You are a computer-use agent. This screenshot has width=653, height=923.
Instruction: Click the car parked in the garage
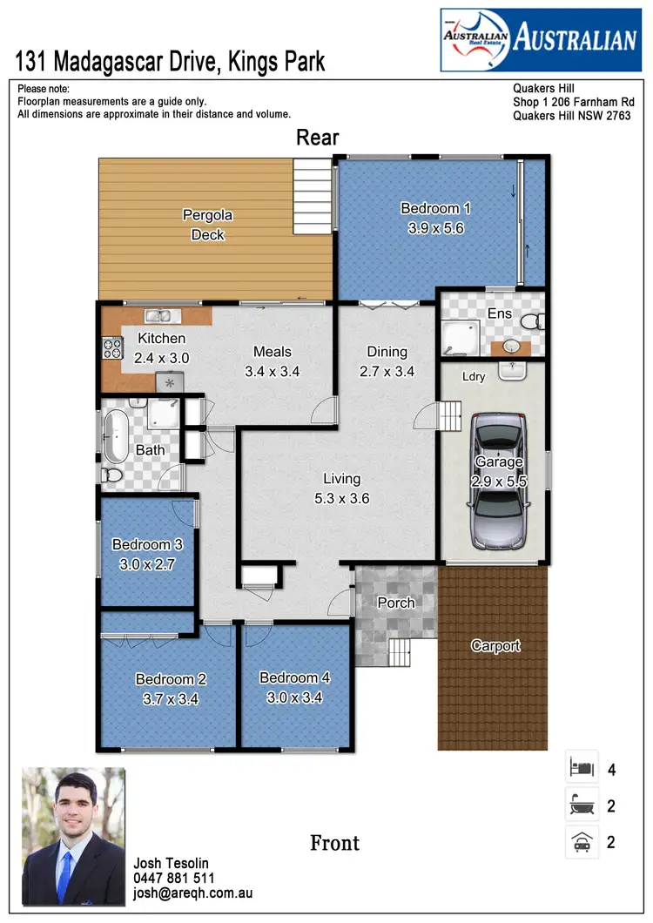(x=499, y=482)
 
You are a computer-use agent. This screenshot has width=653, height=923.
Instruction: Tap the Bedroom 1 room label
(x=435, y=208)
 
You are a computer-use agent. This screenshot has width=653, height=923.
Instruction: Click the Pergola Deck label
(x=207, y=225)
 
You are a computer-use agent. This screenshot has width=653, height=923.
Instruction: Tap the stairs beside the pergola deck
(x=311, y=187)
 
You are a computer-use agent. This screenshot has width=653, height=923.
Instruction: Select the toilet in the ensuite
(x=533, y=321)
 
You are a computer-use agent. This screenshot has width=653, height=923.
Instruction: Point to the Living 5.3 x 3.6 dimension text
(x=341, y=499)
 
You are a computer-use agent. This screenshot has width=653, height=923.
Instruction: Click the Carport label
(x=495, y=645)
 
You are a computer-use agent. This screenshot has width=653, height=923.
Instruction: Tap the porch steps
(x=399, y=650)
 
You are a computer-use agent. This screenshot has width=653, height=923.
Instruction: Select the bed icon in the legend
(x=581, y=769)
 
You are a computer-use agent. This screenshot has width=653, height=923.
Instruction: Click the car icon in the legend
(x=581, y=842)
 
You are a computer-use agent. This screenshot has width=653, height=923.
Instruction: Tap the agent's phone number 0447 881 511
(x=174, y=879)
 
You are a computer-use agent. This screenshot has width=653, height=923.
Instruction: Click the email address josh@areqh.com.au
(x=192, y=893)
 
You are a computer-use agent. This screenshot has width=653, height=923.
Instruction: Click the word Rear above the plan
(x=317, y=138)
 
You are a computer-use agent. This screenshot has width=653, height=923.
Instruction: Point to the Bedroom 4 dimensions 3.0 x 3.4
(x=294, y=697)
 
